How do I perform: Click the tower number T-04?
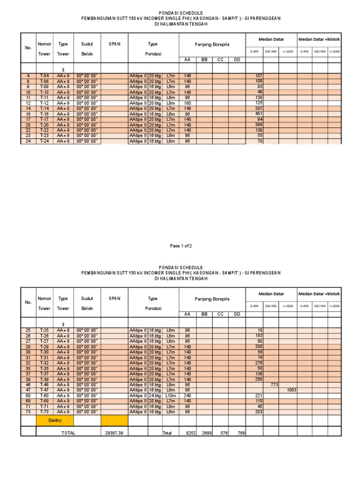click(x=44, y=76)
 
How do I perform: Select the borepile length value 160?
click(x=188, y=103)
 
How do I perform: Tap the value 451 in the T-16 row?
click(x=258, y=114)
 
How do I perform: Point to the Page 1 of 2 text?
click(x=181, y=246)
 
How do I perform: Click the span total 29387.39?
click(x=114, y=434)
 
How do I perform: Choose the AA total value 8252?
click(x=188, y=434)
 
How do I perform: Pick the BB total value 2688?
click(x=205, y=434)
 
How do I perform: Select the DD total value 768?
click(x=239, y=434)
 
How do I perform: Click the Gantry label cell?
click(x=55, y=420)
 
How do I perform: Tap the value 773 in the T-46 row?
click(x=274, y=384)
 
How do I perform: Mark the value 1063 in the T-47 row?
click(x=291, y=390)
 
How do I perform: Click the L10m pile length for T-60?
click(x=170, y=396)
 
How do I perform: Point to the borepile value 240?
click(x=188, y=396)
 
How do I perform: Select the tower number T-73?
click(x=44, y=412)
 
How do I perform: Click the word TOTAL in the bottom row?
click(x=68, y=434)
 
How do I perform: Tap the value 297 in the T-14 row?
click(x=258, y=108)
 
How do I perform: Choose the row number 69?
click(x=28, y=401)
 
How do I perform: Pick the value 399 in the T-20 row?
click(x=258, y=125)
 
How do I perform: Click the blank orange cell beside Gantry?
click(x=114, y=420)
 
